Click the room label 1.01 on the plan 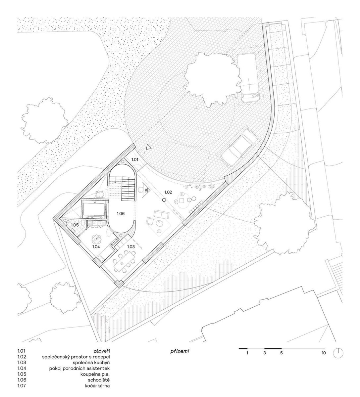pos(135,159)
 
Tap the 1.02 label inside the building pos(168,192)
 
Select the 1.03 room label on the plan pos(131,246)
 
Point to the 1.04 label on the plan pos(96,246)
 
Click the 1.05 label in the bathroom pos(75,225)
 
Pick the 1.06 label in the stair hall pos(121,213)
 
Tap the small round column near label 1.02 pos(164,200)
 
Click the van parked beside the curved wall pos(248,77)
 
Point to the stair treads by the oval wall pos(129,188)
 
